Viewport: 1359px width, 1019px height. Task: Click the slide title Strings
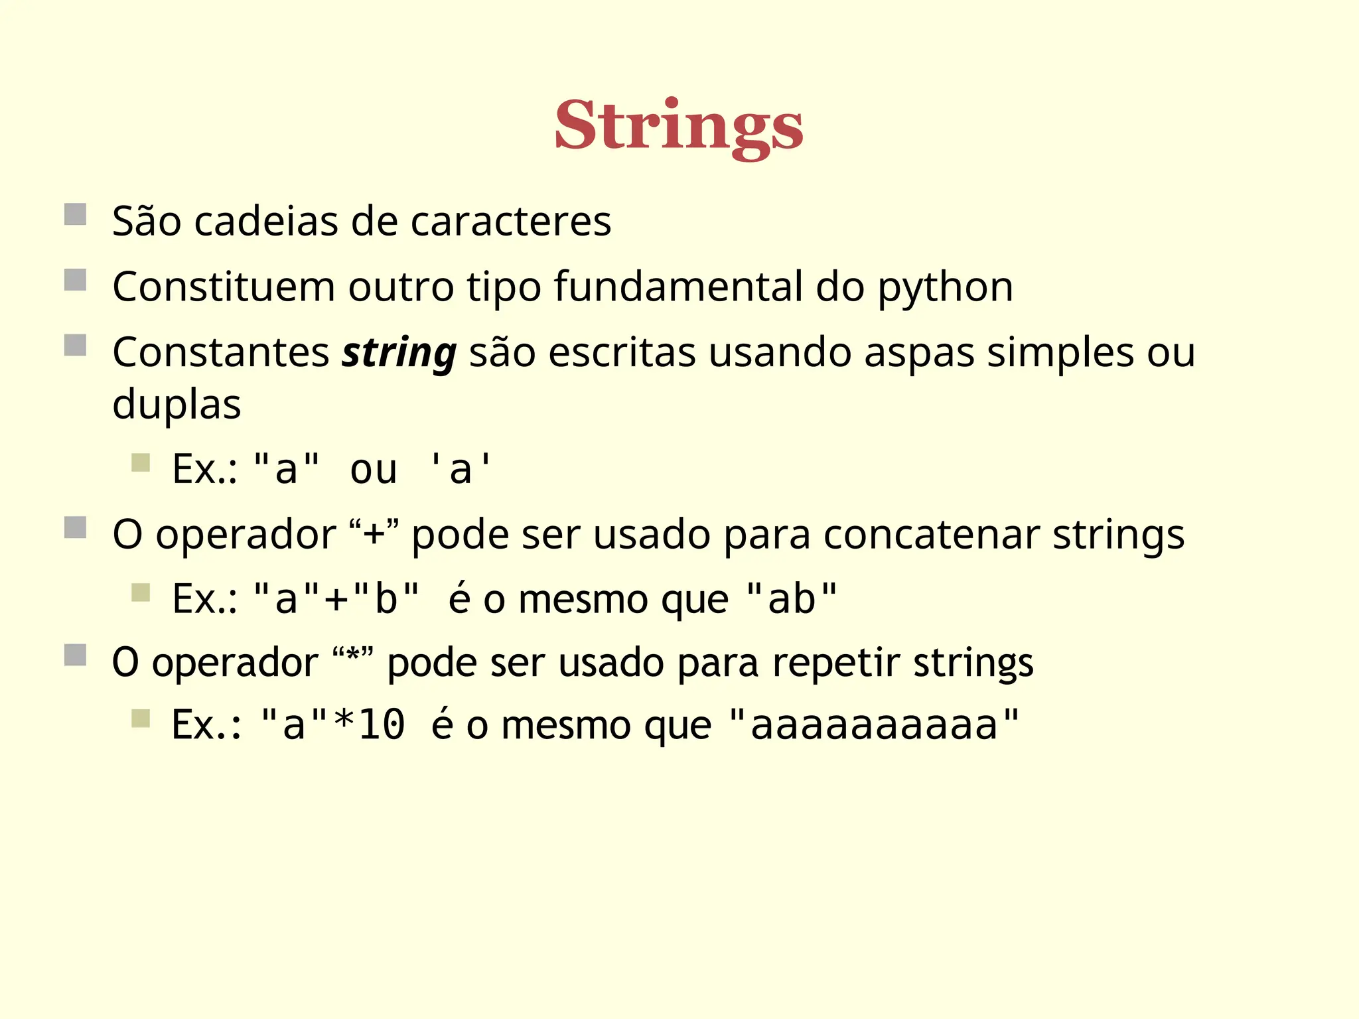(x=679, y=126)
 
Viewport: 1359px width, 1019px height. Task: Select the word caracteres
(x=510, y=221)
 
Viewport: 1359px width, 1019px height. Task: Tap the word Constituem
(x=224, y=287)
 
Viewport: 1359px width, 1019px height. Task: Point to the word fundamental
(x=678, y=287)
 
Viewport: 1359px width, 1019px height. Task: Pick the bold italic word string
(x=399, y=353)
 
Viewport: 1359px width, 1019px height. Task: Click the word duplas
(x=177, y=404)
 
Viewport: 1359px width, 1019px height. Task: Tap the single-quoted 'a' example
(x=460, y=469)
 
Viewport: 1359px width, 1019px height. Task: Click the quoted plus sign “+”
(x=374, y=534)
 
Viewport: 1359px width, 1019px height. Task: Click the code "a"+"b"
(x=336, y=598)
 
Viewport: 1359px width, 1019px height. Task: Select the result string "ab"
(x=791, y=598)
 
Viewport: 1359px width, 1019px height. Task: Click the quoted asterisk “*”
(x=354, y=662)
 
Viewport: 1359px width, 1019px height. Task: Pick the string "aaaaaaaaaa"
(x=873, y=724)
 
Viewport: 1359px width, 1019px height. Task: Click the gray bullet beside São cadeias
(x=76, y=214)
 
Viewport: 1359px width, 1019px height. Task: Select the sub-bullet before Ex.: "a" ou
(x=141, y=462)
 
